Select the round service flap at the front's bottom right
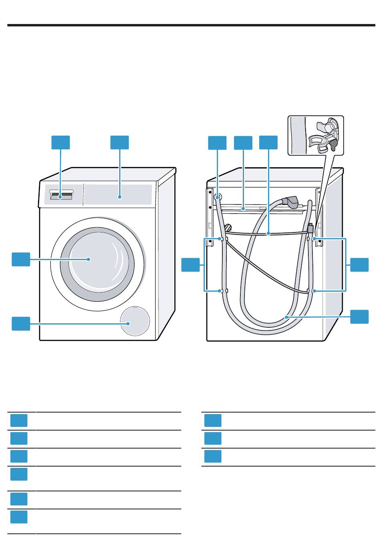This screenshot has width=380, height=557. pyautogui.click(x=136, y=321)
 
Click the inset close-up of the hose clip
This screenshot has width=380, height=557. pyautogui.click(x=316, y=135)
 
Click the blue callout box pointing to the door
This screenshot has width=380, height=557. pyautogui.click(x=21, y=259)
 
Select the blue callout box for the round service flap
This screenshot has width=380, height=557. pyautogui.click(x=21, y=323)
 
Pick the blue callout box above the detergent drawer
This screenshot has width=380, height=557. pyautogui.click(x=61, y=142)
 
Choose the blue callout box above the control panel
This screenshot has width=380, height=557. pyautogui.click(x=120, y=142)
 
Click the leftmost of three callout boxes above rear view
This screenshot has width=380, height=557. pyautogui.click(x=217, y=143)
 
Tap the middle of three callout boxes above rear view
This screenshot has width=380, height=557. pyautogui.click(x=243, y=143)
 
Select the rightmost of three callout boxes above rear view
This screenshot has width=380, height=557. pyautogui.click(x=268, y=143)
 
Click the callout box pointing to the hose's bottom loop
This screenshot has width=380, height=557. pyautogui.click(x=359, y=316)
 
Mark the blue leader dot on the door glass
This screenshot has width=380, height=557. pyautogui.click(x=88, y=259)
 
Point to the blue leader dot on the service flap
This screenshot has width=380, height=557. pyautogui.click(x=128, y=323)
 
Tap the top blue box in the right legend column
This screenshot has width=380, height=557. pyautogui.click(x=213, y=421)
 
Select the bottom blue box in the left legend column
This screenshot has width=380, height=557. pyautogui.click(x=19, y=517)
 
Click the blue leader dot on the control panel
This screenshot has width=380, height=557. pyautogui.click(x=119, y=196)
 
